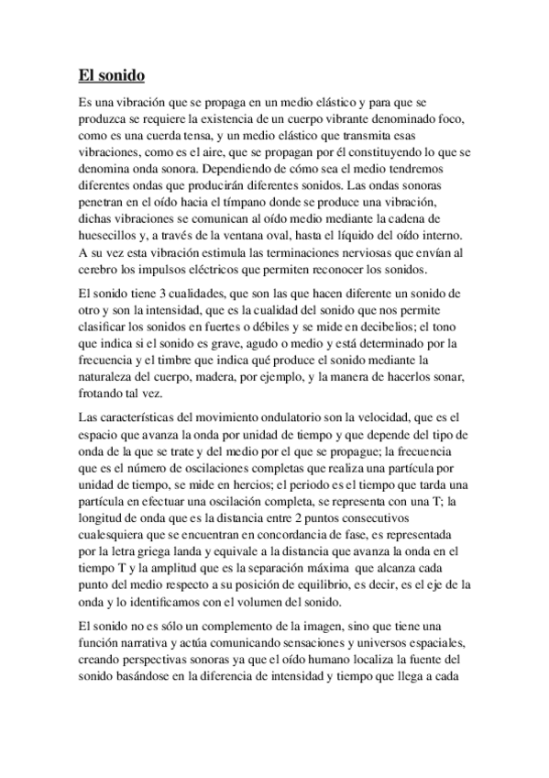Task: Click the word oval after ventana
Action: point(299,234)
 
